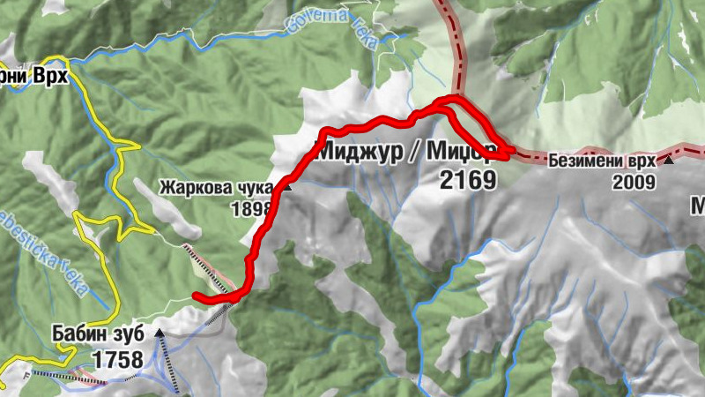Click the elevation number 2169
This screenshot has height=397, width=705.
[466, 180]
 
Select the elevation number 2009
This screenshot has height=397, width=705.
[636, 183]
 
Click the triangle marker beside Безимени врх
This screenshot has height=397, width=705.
[669, 161]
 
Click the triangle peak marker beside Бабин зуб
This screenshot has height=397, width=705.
[159, 333]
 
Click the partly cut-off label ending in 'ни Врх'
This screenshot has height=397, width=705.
[33, 77]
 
